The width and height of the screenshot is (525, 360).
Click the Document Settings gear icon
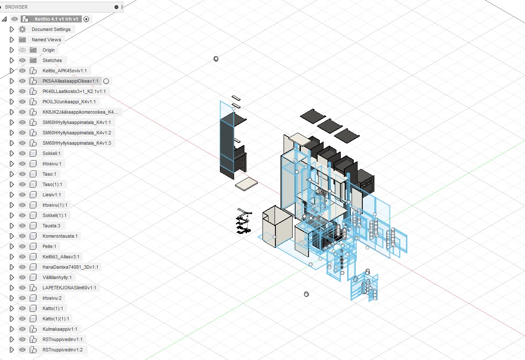tap(22, 29)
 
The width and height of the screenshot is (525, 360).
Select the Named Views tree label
tap(46, 40)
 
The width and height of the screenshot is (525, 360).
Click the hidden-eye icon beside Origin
tap(22, 50)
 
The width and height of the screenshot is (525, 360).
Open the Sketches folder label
tap(52, 60)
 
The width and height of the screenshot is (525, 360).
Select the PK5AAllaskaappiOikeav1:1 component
tap(70, 81)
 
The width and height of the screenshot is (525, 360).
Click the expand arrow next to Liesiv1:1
tap(12, 195)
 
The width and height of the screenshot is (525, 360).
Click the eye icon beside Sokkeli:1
tap(22, 153)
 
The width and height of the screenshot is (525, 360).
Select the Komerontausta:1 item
tap(60, 236)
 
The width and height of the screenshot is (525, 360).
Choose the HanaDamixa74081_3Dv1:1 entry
tap(70, 267)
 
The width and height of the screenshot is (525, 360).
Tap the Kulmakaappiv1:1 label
tap(60, 329)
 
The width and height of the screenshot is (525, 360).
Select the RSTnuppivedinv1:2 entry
tap(62, 350)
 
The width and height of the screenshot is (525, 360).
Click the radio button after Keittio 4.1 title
tap(86, 19)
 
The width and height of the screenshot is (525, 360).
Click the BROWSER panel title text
tap(16, 7)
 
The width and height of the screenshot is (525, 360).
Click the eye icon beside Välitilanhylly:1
tap(22, 277)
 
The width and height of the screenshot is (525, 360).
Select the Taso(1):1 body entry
tap(52, 184)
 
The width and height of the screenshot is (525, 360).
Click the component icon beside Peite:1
tap(33, 246)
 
